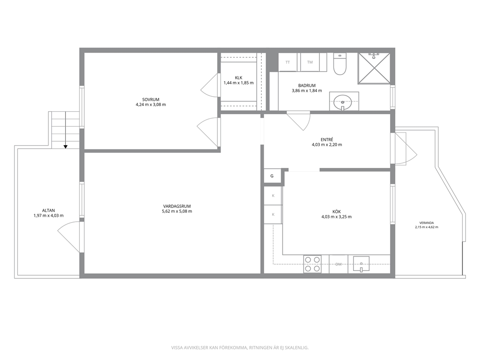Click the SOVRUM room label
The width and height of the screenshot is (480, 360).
pyautogui.click(x=150, y=100)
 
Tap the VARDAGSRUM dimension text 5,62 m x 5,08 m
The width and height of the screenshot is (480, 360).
pyautogui.click(x=177, y=211)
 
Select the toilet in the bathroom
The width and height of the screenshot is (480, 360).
pyautogui.click(x=340, y=64)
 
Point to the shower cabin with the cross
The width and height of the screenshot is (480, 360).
pyautogui.click(x=374, y=68)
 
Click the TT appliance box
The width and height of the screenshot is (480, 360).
pyautogui.click(x=288, y=62)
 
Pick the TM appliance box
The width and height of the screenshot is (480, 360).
pyautogui.click(x=310, y=62)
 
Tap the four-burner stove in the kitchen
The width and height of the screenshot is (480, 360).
pyautogui.click(x=313, y=264)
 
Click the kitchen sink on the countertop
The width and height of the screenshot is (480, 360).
pyautogui.click(x=361, y=264)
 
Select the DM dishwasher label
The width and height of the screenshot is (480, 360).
pyautogui.click(x=339, y=264)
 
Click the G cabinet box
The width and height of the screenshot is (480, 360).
pyautogui.click(x=272, y=176)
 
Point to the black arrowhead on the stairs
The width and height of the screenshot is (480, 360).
pyautogui.click(x=65, y=147)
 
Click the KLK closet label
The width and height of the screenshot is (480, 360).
pyautogui.click(x=239, y=78)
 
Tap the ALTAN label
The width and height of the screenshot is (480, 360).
pyautogui.click(x=49, y=210)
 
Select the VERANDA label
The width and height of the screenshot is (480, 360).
pyautogui.click(x=427, y=223)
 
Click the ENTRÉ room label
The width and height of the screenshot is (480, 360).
pyautogui.click(x=327, y=139)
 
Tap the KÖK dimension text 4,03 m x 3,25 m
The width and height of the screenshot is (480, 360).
pyautogui.click(x=336, y=217)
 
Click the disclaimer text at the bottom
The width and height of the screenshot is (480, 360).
pyautogui.click(x=240, y=348)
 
